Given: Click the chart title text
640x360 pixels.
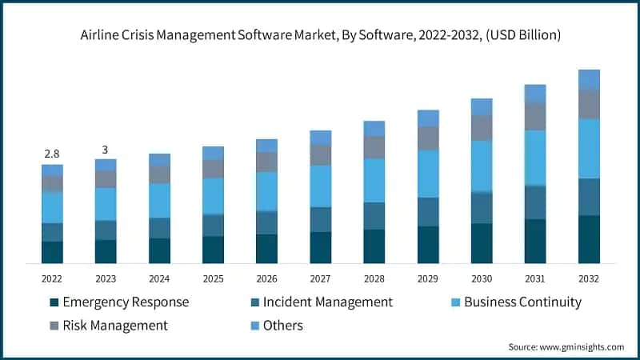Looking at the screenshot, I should coord(320,34).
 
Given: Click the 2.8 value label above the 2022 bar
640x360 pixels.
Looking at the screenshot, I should coord(52,153).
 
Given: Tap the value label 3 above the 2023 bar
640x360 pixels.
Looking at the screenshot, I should coord(106,150).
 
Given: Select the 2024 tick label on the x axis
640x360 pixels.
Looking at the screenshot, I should coord(159,278).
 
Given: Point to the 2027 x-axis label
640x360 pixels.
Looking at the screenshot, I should coord(320,278).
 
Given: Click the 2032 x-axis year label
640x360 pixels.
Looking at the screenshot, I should coord(589,278).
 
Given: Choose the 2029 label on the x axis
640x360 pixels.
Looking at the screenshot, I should coord(428,278).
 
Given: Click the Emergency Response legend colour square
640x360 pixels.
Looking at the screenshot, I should coord(54,302).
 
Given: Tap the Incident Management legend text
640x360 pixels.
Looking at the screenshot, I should coord(328,302).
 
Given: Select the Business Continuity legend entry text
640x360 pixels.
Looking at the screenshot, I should coord(522,302).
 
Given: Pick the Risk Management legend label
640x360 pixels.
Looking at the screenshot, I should coord(115,326).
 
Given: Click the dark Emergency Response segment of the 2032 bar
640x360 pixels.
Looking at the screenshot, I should coord(589,239).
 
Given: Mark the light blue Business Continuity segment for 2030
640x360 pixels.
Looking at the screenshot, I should coord(482,166).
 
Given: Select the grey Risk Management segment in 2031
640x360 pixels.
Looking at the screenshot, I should coord(535,116).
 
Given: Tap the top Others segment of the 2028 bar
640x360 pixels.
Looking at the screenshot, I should coord(374,128).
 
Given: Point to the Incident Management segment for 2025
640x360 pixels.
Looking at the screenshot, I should coord(213,226).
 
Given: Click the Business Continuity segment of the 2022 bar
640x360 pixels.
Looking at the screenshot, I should coord(52,207).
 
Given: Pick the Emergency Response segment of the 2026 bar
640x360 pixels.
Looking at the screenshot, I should coord(266,249).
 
